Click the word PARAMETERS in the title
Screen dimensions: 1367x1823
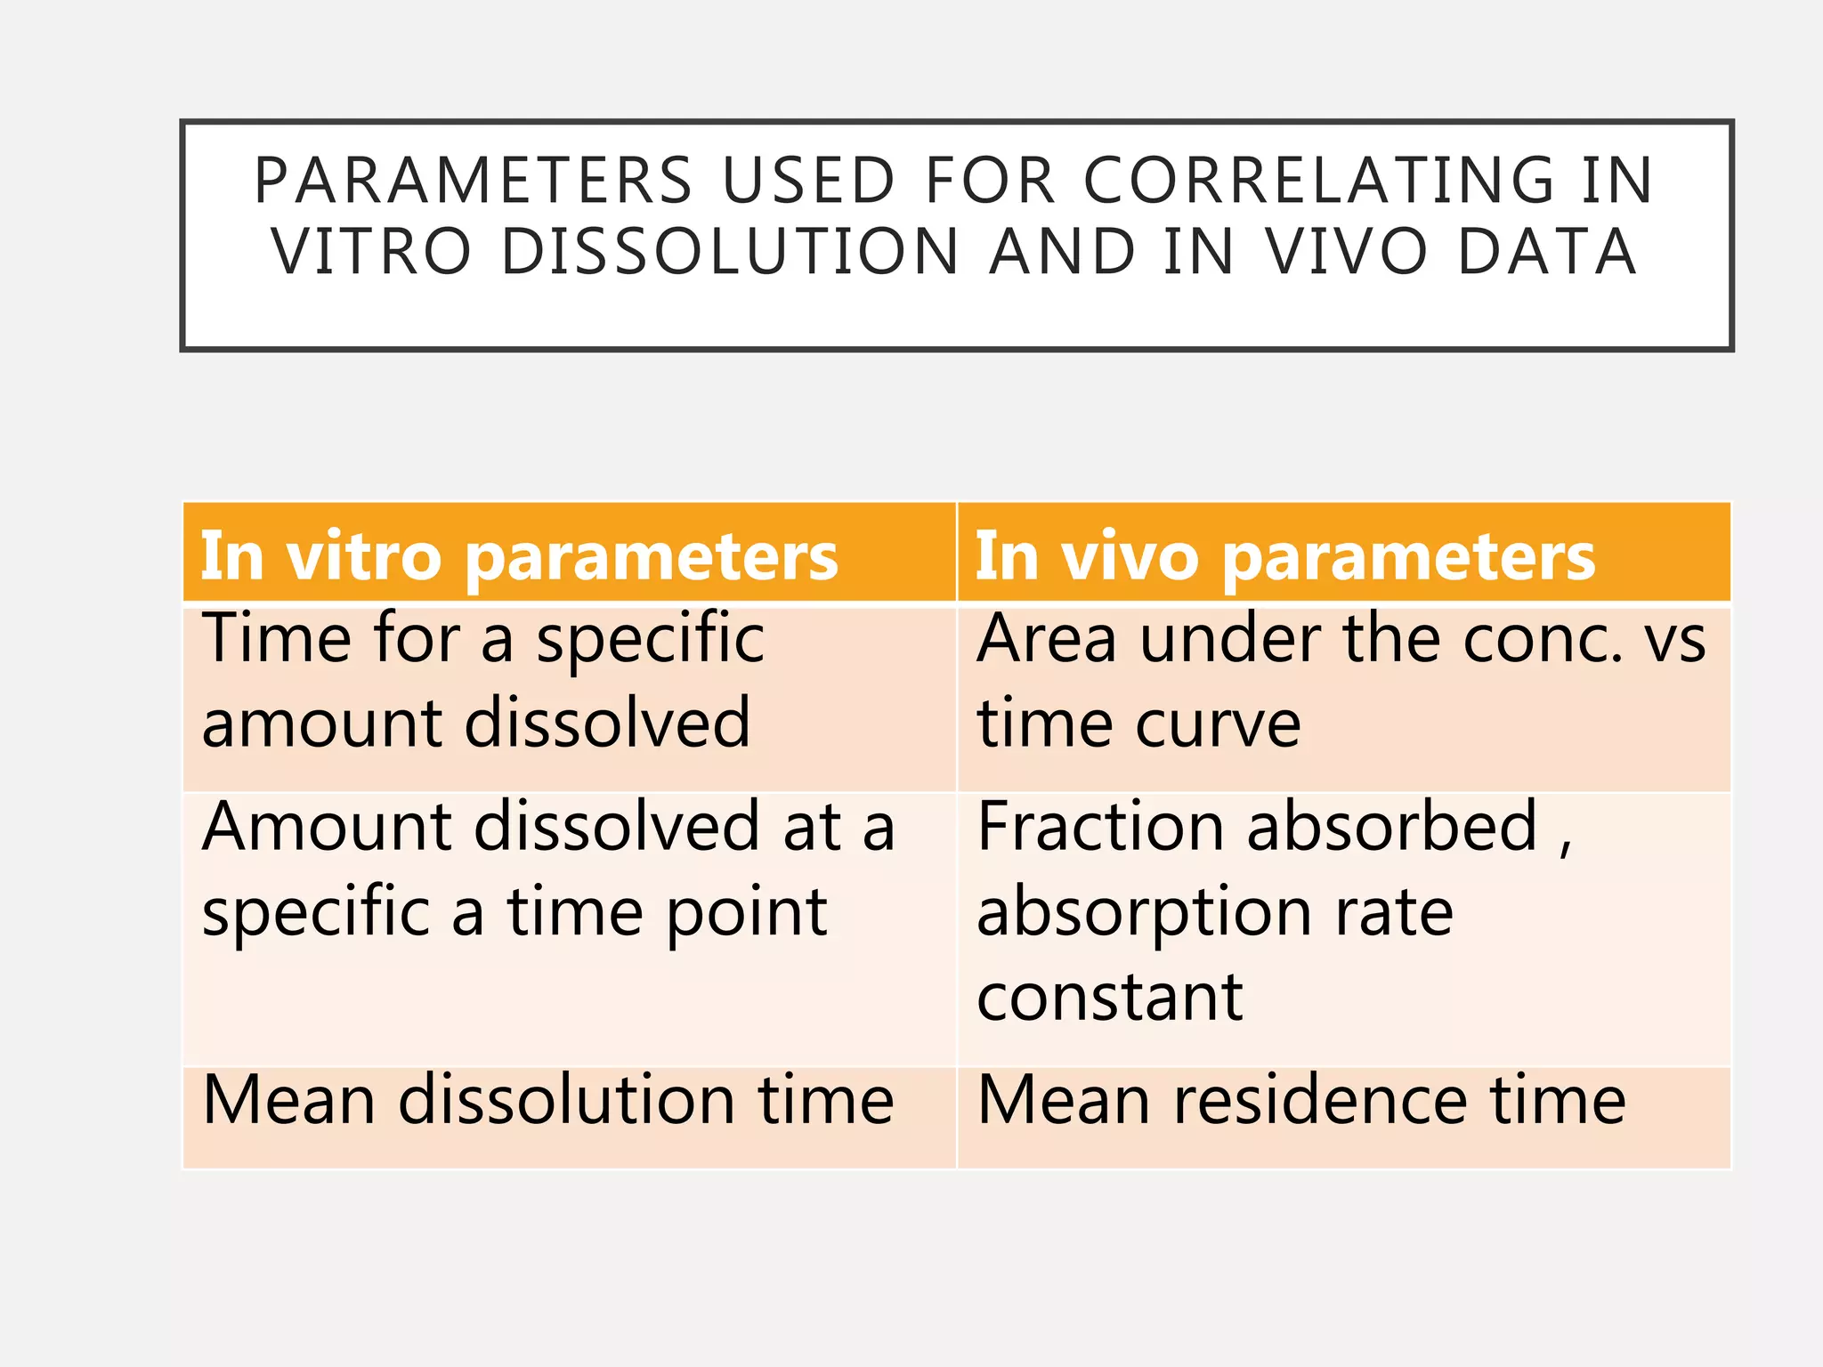tap(473, 181)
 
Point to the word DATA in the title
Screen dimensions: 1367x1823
tap(1546, 252)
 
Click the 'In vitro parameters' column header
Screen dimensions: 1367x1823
tap(519, 556)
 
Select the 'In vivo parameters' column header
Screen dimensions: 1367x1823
tap(1284, 556)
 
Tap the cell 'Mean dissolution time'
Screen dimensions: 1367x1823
tap(547, 1100)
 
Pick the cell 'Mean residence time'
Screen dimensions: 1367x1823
tap(1300, 1100)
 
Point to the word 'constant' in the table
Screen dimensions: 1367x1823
tap(1109, 998)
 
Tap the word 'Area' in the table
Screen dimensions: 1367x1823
tap(1046, 640)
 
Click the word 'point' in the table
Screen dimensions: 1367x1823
tap(747, 914)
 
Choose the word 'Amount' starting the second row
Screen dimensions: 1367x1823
tap(327, 827)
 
